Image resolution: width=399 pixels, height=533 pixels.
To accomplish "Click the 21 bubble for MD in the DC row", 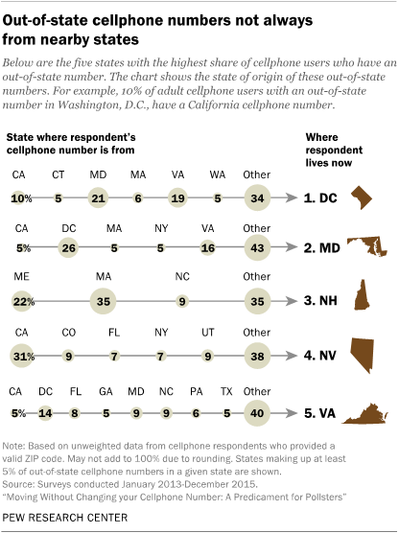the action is [x=98, y=197].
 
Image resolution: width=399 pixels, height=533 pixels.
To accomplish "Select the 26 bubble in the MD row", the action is [x=68, y=247].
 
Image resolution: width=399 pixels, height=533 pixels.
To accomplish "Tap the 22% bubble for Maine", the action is [x=22, y=301].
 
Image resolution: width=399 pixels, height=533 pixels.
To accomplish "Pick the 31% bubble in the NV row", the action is [x=22, y=356].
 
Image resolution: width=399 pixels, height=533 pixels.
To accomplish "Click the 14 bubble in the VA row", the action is [x=45, y=413].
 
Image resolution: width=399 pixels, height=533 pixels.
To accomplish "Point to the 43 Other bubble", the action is [x=257, y=247].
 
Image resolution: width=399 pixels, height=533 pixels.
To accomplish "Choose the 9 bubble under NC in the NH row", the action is [x=182, y=301].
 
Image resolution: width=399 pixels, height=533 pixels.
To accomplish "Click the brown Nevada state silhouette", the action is [x=363, y=356].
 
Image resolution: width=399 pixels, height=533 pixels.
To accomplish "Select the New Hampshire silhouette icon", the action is [x=362, y=294].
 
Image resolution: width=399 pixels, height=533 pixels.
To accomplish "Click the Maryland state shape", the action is [x=367, y=246].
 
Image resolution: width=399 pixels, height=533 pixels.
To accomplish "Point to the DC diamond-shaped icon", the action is [x=362, y=197].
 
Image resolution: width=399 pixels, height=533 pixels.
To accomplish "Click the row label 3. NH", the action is [x=320, y=301].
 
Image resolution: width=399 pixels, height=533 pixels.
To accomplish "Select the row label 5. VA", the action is [x=319, y=413].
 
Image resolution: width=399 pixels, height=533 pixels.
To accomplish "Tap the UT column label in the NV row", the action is [x=207, y=332].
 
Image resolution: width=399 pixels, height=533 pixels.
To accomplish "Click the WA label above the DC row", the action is [x=218, y=174].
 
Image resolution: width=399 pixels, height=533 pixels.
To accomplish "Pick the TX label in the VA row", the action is [x=226, y=391].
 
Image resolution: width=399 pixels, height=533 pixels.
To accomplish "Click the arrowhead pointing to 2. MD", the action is [x=292, y=247].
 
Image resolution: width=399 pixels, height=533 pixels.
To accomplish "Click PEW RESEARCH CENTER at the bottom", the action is [x=65, y=518].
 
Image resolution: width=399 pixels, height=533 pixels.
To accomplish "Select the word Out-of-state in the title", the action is [x=45, y=21].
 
